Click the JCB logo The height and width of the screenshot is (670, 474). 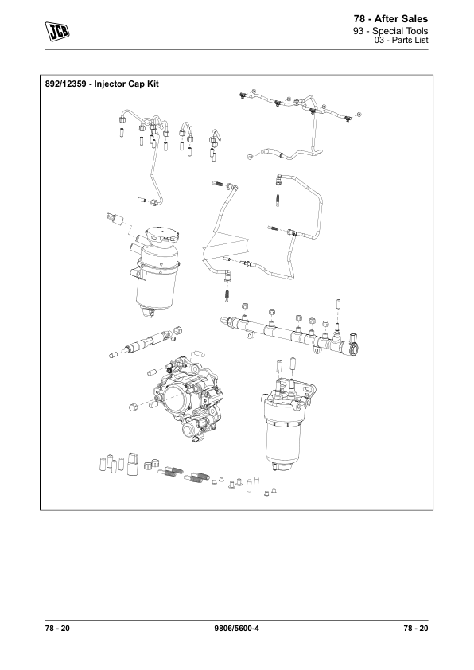tap(57, 32)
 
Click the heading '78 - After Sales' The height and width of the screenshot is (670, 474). tap(390, 19)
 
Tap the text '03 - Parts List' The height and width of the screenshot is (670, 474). tap(401, 40)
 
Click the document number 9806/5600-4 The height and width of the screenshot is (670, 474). tap(236, 628)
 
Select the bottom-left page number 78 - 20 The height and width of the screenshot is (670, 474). tap(57, 628)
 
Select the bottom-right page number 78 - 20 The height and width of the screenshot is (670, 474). tap(415, 628)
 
